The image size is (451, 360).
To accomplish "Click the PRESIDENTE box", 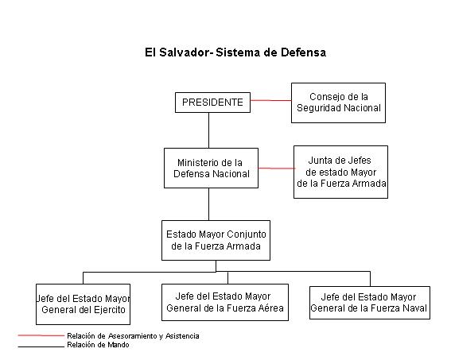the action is (212, 103).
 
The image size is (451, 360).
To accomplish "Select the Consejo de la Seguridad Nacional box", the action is (338, 103).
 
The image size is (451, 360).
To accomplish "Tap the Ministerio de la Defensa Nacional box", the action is (211, 168).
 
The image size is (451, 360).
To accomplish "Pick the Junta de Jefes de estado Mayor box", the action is (340, 172).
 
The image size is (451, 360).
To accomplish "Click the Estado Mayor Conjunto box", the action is (216, 240).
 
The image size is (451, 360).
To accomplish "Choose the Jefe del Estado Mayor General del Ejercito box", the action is (84, 304).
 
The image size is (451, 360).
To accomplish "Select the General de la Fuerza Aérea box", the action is (225, 302).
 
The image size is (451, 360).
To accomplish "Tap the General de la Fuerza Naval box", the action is (370, 303).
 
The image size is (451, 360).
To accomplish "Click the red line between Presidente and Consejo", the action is (270, 100).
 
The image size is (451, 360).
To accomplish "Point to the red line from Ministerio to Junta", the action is (276, 168).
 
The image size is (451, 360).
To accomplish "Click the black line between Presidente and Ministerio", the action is (208, 130).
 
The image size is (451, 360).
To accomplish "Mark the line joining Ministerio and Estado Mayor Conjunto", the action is (208, 204).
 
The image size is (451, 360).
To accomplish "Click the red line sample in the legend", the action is (41, 335).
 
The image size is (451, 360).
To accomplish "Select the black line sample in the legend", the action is (41, 346).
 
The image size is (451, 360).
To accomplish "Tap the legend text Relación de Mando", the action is (98, 345).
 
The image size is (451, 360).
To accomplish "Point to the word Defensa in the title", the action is (303, 52).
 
